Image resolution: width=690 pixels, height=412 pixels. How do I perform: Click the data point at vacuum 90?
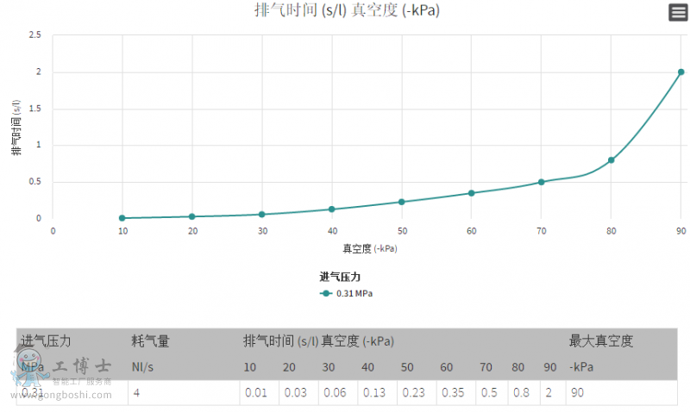[681, 72]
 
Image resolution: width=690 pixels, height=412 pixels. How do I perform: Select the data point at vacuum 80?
[611, 159]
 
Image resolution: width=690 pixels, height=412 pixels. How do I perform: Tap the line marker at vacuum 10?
[122, 218]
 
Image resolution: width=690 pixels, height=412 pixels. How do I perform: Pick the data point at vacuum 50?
[402, 202]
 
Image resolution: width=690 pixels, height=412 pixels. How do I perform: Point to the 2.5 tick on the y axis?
[35, 35]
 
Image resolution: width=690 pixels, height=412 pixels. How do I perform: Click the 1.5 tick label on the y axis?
[35, 109]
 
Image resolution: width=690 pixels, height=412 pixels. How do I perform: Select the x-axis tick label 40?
[332, 231]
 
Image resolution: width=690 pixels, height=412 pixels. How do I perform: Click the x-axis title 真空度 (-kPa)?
[370, 248]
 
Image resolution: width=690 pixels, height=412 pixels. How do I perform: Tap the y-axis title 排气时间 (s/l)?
[16, 127]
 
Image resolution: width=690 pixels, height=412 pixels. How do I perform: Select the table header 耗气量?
[150, 341]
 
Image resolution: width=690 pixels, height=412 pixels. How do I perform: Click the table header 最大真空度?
[601, 341]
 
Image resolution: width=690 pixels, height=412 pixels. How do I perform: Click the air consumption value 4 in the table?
[135, 393]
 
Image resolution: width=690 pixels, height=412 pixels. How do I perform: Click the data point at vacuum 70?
[541, 182]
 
